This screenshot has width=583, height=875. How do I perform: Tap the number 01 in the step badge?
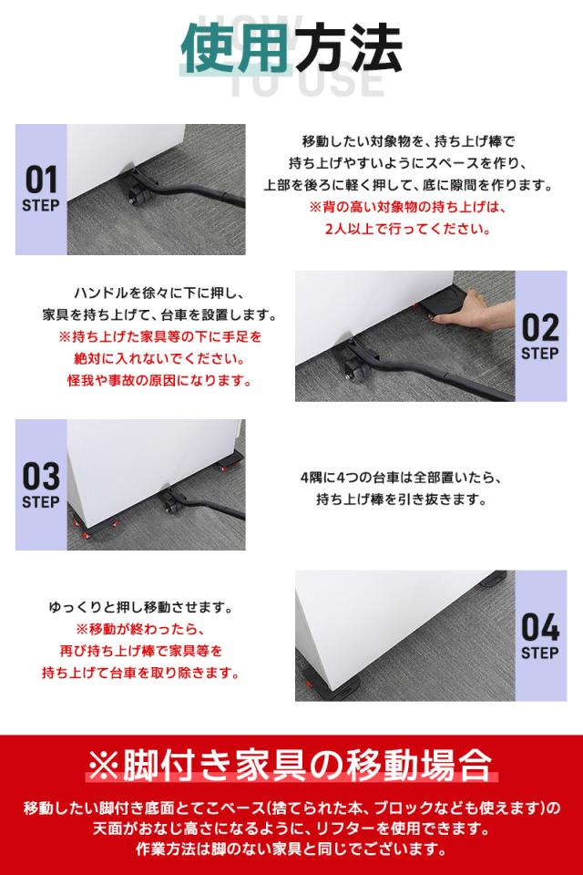pos(41,179)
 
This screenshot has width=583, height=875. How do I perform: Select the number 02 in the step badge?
pos(540,325)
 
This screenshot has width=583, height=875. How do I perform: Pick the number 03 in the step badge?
pos(41,476)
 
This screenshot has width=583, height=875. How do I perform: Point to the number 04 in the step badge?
pos(540,627)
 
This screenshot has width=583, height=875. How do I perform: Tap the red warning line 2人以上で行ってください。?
pos(407,230)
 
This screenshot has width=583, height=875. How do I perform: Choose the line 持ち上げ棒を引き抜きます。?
pos(400,499)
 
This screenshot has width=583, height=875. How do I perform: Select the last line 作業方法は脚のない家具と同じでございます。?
pos(291,850)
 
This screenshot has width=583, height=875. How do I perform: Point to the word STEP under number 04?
pos(540,654)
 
